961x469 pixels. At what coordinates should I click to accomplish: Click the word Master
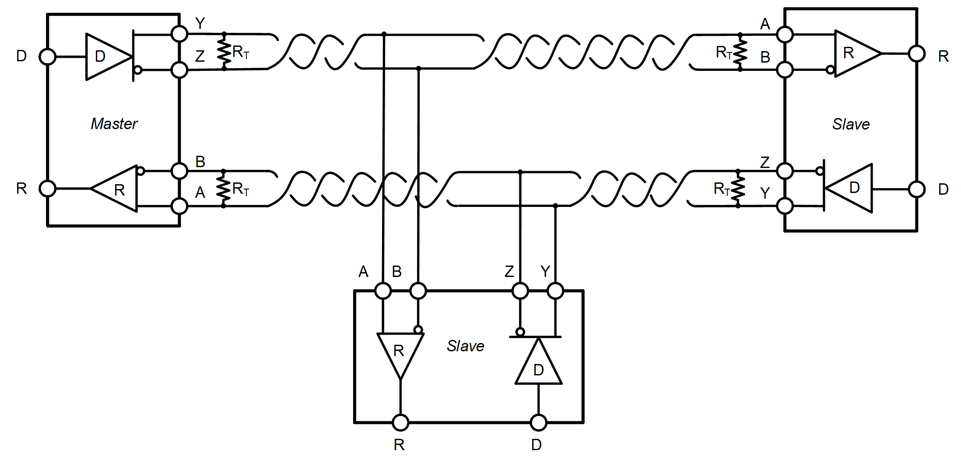114,124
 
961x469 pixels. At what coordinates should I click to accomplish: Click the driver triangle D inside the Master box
105,56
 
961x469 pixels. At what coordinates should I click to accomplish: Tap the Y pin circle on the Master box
179,34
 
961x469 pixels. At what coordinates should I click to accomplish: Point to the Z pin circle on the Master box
179,70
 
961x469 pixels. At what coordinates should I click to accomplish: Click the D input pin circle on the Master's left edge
47,56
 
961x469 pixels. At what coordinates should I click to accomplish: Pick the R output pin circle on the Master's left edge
47,189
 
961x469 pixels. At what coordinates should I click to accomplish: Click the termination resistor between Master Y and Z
224,52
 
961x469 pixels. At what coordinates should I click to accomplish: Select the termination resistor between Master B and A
224,189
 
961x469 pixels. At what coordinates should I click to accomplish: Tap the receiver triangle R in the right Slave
853,53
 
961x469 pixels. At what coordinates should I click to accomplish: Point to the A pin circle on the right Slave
785,34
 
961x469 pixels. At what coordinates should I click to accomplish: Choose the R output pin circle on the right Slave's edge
916,54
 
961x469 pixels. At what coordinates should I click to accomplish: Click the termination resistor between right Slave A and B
740,52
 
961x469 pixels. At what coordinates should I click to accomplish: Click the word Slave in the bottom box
465,346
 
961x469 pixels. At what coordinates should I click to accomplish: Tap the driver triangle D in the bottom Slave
538,366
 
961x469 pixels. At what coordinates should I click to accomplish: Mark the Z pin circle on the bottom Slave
520,290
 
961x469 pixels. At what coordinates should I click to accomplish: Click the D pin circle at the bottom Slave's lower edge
538,423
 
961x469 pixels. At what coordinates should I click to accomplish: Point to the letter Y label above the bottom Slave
545,271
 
